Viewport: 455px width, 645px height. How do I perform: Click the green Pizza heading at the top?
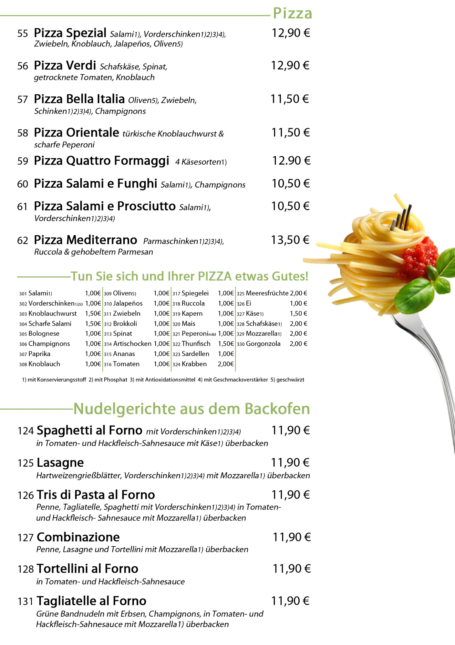click(x=293, y=14)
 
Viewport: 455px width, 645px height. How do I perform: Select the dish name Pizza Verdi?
click(x=65, y=65)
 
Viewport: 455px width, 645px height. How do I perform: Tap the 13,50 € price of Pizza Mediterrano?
click(x=290, y=240)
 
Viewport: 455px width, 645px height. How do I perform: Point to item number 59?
click(x=23, y=161)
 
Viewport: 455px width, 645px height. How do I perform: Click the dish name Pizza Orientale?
click(x=77, y=133)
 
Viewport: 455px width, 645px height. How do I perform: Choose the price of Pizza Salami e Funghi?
click(x=291, y=184)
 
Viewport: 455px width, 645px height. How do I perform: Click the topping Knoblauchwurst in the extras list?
click(x=53, y=313)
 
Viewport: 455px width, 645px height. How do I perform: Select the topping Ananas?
click(x=124, y=354)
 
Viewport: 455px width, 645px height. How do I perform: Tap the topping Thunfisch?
click(x=196, y=344)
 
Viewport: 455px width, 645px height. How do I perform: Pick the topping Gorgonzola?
click(x=263, y=344)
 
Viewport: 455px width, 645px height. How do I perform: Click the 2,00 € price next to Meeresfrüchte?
click(x=298, y=293)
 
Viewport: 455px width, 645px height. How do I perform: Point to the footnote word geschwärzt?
click(x=290, y=380)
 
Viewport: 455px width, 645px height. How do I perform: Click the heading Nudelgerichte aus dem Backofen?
click(x=191, y=409)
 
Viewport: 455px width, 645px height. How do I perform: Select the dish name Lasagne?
click(x=60, y=463)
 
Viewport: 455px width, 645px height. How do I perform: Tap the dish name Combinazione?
click(x=78, y=537)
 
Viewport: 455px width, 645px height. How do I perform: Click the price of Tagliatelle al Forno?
click(x=290, y=601)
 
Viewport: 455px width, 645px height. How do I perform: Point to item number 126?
click(x=26, y=495)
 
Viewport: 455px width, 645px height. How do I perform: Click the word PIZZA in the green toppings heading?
click(x=215, y=276)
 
